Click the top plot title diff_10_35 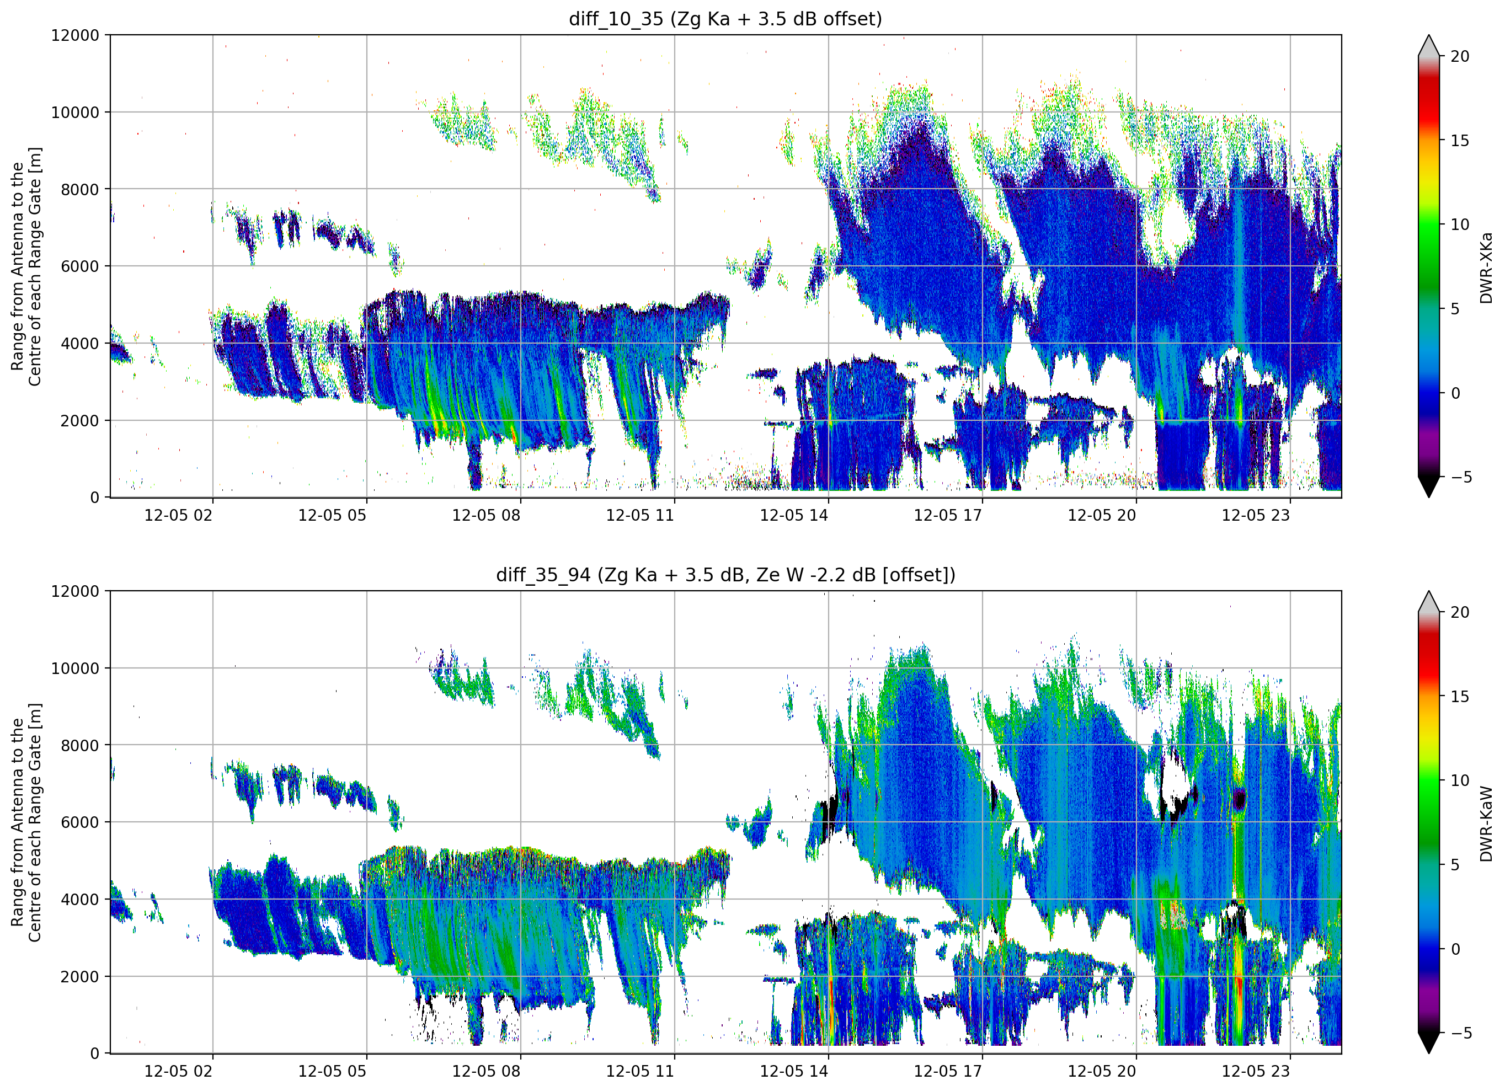[616, 19]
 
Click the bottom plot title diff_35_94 [543, 575]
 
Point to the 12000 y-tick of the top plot [75, 35]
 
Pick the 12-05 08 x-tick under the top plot [485, 515]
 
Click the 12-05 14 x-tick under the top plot [794, 515]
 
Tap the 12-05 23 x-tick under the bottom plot [1256, 1071]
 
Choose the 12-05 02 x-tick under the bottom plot [178, 1071]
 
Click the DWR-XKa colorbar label [1486, 268]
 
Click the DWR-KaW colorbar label [1486, 823]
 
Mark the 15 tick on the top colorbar [1459, 141]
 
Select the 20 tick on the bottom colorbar [1459, 612]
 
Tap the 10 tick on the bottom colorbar [1459, 780]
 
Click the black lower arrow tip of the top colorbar [1429, 497]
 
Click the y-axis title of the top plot [26, 266]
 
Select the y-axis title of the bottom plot [26, 822]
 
